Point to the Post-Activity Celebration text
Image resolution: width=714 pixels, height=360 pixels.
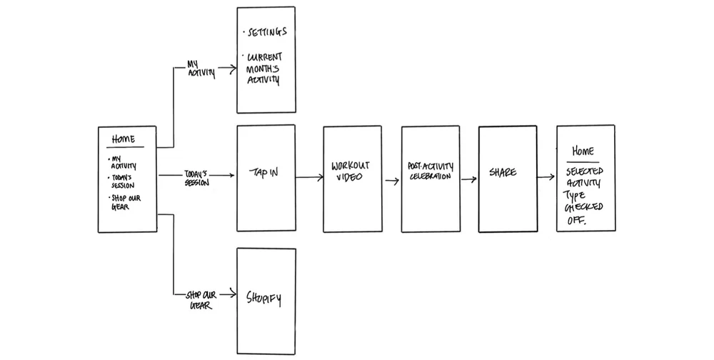click(x=427, y=171)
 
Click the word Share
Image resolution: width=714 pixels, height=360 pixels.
click(x=503, y=173)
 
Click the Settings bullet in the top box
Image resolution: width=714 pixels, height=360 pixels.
click(x=265, y=32)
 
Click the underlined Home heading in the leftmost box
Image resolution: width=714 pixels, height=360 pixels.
click(x=124, y=139)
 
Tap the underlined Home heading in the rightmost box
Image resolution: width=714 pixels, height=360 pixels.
click(x=583, y=151)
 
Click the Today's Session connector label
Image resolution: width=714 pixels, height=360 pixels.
click(x=196, y=178)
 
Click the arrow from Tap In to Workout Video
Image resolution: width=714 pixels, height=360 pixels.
click(x=309, y=176)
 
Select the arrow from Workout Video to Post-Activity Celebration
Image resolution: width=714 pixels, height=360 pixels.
click(x=392, y=181)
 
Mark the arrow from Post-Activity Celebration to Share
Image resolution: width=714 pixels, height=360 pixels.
click(x=469, y=179)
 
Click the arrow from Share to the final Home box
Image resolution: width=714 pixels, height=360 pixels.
click(x=546, y=177)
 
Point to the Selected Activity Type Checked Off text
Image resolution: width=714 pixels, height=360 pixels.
click(x=585, y=196)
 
